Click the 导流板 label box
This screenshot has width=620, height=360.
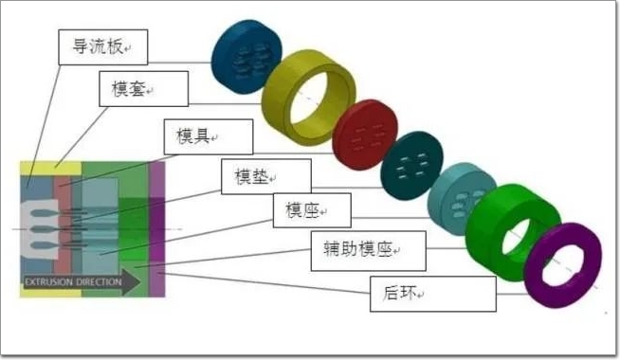pyautogui.click(x=102, y=47)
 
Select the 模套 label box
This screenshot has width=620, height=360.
pyautogui.click(x=143, y=89)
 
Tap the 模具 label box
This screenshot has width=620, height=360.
pyautogui.click(x=209, y=136)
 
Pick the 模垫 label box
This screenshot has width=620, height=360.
pyautogui.click(x=266, y=176)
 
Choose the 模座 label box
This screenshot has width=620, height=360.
pyautogui.click(x=312, y=210)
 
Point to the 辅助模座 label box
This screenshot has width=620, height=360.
pyautogui.click(x=369, y=251)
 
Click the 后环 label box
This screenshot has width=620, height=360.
pyautogui.click(x=433, y=294)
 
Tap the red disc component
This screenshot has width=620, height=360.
pyautogui.click(x=364, y=135)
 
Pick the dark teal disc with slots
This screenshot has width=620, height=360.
pyautogui.click(x=411, y=165)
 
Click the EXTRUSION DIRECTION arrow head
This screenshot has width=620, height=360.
pyautogui.click(x=131, y=282)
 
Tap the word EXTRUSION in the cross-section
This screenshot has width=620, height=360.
pyautogui.click(x=48, y=282)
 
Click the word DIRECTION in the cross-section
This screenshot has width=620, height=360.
pyautogui.click(x=99, y=282)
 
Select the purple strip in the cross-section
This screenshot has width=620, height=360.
pyautogui.click(x=157, y=229)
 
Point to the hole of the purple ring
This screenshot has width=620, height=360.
pyautogui.click(x=562, y=265)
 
